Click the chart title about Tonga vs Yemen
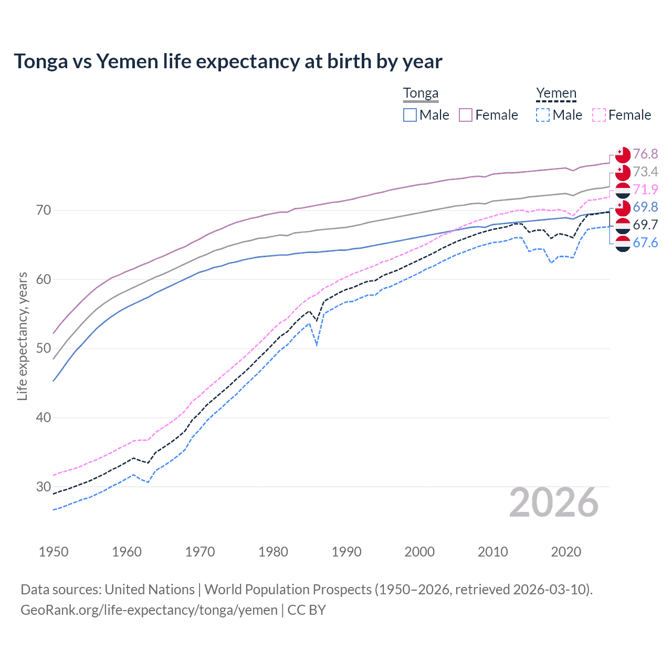pos(228,61)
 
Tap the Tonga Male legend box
pos(410,115)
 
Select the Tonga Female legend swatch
pos(466,115)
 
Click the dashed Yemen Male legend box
pos(543,115)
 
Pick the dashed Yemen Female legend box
pos(598,115)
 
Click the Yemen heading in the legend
pos(556,93)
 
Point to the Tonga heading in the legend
pos(421,93)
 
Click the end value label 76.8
pos(645,154)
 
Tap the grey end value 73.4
pos(645,172)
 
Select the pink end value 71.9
pos(645,190)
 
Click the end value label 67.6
pos(645,243)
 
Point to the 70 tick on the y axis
pos(44,211)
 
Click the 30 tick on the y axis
pos(44,487)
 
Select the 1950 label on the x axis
pos(54,552)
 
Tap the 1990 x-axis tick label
pos(346,552)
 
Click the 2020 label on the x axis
pos(566,552)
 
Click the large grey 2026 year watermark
pos(554,502)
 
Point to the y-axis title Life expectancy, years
pos(22,336)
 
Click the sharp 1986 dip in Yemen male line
pos(317,344)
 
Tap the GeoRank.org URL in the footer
pos(149,610)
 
